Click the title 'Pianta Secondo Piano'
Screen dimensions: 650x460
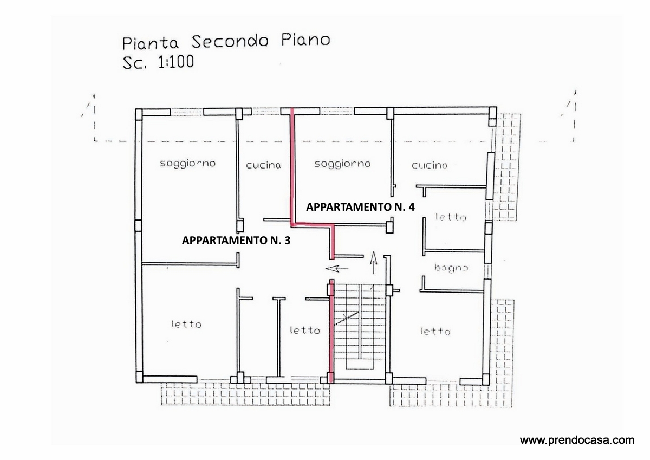point(226,42)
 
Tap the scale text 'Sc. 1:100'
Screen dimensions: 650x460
point(158,62)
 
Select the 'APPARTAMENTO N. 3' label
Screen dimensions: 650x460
point(236,241)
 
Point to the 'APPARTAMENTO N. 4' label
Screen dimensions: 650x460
point(360,207)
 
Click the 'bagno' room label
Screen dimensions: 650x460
point(451,268)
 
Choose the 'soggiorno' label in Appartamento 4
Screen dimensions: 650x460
point(342,164)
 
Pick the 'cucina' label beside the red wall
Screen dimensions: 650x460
point(263,165)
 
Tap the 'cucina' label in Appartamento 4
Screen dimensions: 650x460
point(430,165)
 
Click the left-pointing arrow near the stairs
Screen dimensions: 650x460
point(337,269)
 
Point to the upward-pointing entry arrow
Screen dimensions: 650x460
point(373,263)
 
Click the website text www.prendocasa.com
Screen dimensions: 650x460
point(577,440)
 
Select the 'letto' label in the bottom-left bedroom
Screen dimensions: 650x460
point(186,324)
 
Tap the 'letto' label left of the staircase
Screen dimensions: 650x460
point(305,331)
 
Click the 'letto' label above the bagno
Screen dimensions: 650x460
point(451,217)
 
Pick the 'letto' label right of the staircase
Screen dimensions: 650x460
point(435,331)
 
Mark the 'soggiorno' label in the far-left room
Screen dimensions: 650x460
point(188,164)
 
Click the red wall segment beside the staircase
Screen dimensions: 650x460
point(331,331)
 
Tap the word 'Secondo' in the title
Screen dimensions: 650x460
point(230,42)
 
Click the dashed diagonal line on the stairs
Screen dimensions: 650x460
point(347,318)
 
